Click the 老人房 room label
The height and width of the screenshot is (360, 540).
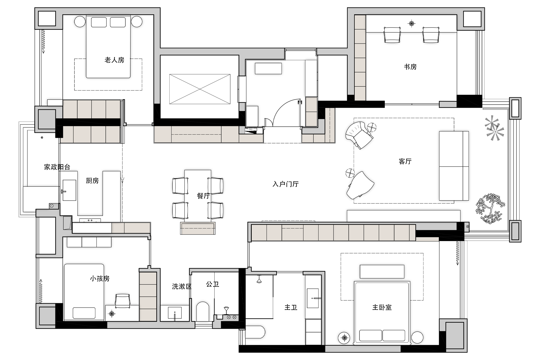pyautogui.click(x=114, y=60)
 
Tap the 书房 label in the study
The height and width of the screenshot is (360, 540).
pyautogui.click(x=410, y=67)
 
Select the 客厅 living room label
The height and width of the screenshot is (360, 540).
pyautogui.click(x=405, y=161)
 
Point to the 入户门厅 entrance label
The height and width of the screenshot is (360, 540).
pyautogui.click(x=285, y=184)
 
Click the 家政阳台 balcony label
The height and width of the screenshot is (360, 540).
pyautogui.click(x=57, y=167)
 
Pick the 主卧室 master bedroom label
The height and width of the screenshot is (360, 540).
pyautogui.click(x=382, y=307)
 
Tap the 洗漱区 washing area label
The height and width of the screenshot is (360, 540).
pyautogui.click(x=182, y=287)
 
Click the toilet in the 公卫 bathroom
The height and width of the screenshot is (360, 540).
pyautogui.click(x=202, y=311)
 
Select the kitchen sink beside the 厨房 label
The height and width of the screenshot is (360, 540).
pyautogui.click(x=69, y=190)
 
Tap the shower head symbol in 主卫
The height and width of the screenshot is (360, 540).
pyautogui.click(x=259, y=279)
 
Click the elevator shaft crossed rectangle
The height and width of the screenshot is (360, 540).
pyautogui.click(x=200, y=89)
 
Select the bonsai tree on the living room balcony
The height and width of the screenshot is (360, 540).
pyautogui.click(x=490, y=208)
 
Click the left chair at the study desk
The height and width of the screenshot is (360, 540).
pyautogui.click(x=392, y=35)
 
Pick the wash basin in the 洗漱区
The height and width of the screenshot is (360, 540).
pyautogui.click(x=175, y=313)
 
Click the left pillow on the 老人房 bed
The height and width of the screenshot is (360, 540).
pyautogui.click(x=99, y=22)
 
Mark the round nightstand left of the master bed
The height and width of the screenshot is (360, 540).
pyautogui.click(x=344, y=338)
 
